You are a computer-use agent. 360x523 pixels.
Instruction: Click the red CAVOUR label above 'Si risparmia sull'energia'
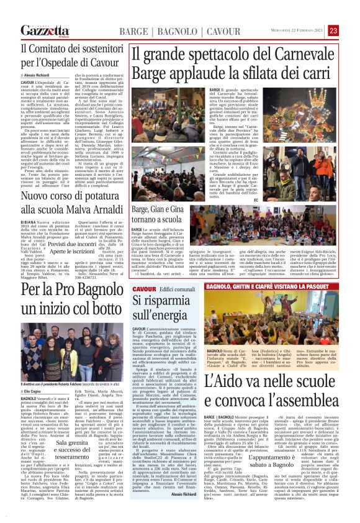[x=144, y=290]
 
